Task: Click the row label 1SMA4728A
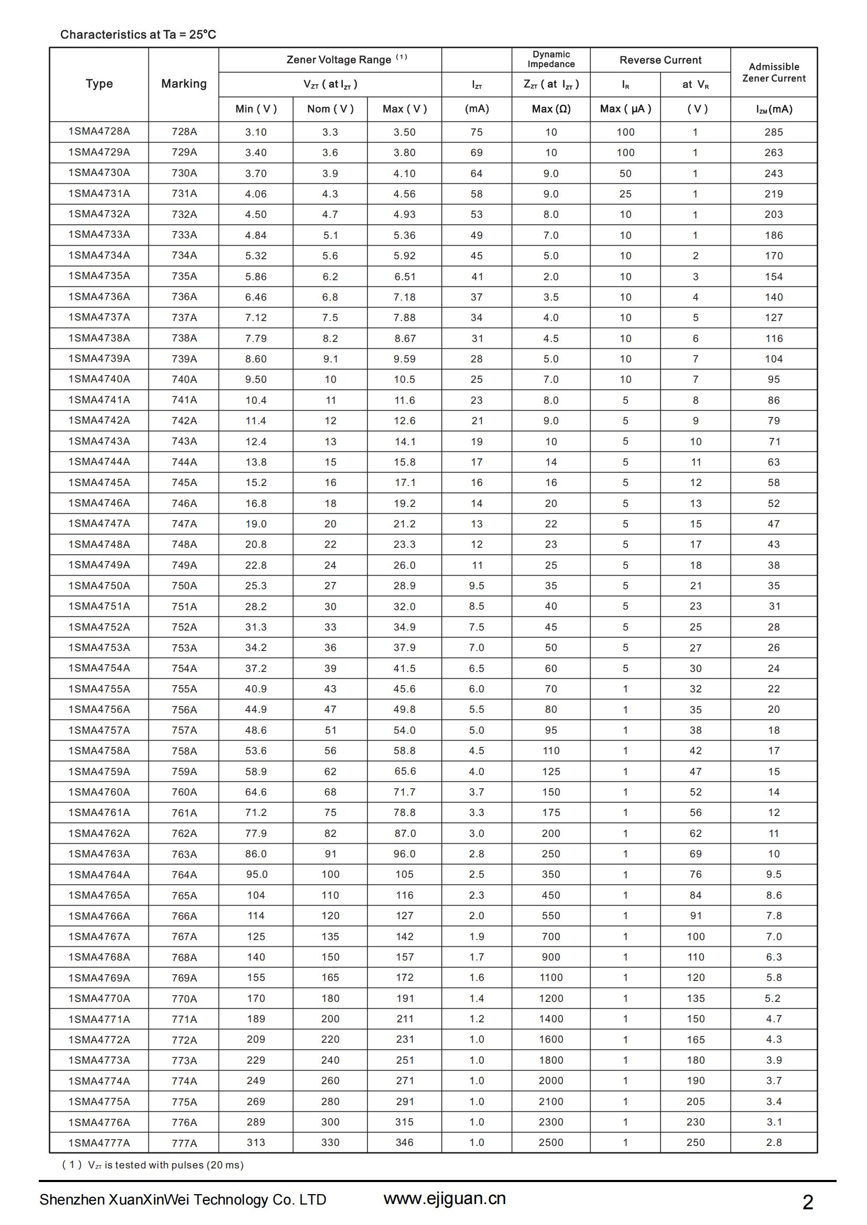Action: click(99, 131)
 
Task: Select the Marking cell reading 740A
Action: click(184, 379)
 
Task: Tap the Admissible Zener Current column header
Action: click(774, 72)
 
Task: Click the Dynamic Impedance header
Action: click(551, 59)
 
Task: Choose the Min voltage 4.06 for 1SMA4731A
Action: click(256, 194)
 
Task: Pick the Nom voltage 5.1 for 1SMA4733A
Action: click(330, 235)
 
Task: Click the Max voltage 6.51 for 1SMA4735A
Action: click(404, 277)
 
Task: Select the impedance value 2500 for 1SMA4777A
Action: click(551, 1142)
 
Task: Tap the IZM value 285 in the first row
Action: click(774, 132)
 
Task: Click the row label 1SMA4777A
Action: click(99, 1142)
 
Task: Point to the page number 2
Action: click(808, 1202)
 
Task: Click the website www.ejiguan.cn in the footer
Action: click(444, 1198)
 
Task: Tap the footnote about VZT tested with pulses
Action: click(153, 1165)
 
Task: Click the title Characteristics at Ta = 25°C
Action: click(138, 35)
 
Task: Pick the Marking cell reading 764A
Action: click(184, 875)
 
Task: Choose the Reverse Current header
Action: click(660, 60)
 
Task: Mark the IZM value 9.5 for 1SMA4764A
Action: click(774, 874)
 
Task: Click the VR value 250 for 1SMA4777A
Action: click(695, 1142)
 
